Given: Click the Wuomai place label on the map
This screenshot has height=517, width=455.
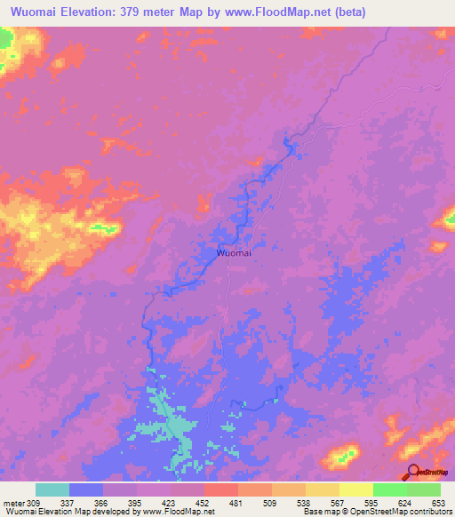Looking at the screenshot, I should pyautogui.click(x=234, y=253).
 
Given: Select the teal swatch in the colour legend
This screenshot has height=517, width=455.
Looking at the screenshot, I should pyautogui.click(x=52, y=489).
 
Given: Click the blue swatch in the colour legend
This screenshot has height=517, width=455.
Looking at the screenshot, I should pyautogui.click(x=86, y=489).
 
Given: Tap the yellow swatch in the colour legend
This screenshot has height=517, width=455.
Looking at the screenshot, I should pyautogui.click(x=355, y=489).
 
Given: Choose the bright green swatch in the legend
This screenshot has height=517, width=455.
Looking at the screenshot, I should pyautogui.click(x=389, y=489).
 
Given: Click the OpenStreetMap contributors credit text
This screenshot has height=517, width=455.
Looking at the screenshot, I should pyautogui.click(x=411, y=512).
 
